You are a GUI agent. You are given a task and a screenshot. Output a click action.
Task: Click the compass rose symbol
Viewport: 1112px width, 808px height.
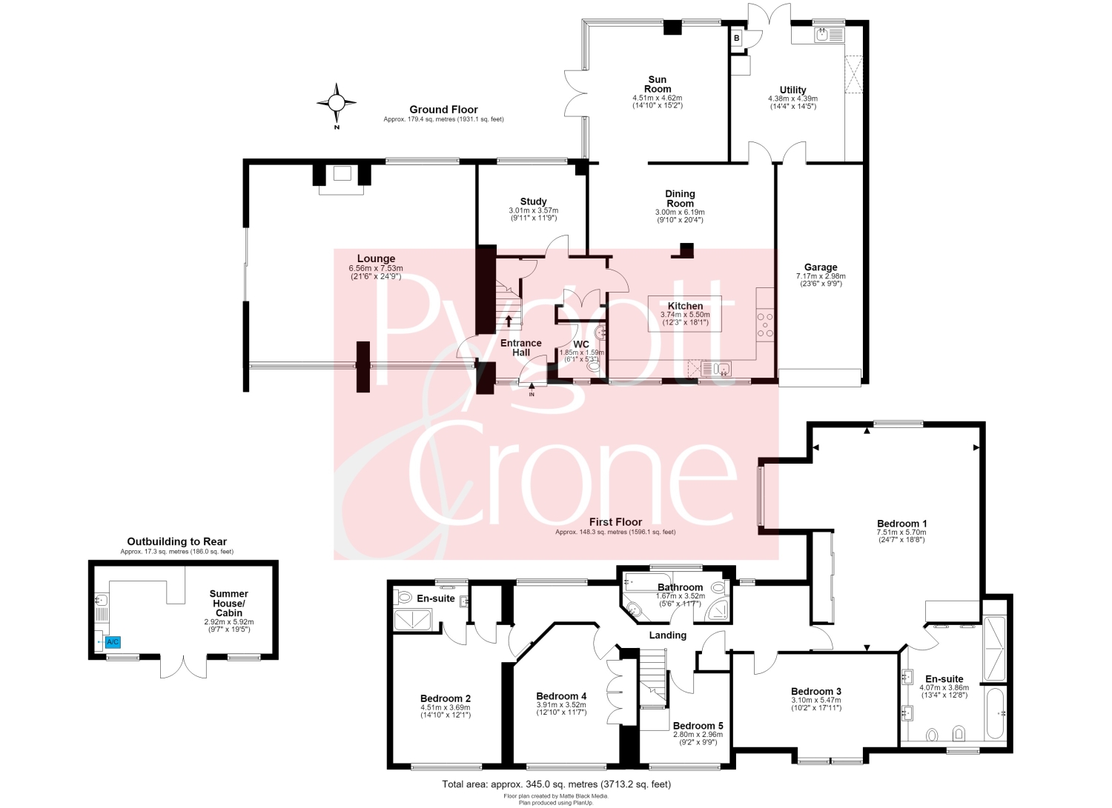(x=337, y=103)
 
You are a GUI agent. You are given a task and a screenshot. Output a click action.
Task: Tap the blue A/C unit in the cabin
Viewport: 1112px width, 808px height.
(x=113, y=642)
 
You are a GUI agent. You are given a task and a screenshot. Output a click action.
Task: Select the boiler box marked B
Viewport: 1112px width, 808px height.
(x=737, y=38)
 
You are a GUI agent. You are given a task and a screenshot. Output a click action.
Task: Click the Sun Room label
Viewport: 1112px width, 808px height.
(x=658, y=84)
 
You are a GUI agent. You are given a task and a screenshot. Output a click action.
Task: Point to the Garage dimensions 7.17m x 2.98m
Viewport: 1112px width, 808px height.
(x=821, y=276)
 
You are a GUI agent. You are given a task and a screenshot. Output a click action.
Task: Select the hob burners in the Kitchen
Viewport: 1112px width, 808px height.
(x=764, y=324)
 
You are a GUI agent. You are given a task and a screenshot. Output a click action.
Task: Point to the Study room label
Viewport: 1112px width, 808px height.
(x=533, y=201)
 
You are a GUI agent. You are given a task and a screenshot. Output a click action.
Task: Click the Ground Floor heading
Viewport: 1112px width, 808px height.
(x=443, y=110)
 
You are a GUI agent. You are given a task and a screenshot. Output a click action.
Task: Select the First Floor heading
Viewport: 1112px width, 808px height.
(x=615, y=522)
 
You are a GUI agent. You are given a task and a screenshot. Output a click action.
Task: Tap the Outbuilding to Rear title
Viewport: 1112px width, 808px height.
(x=176, y=541)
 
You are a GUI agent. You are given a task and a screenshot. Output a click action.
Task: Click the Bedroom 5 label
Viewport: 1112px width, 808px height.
(x=695, y=726)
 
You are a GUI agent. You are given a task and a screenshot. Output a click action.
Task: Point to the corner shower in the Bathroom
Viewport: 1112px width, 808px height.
(x=718, y=610)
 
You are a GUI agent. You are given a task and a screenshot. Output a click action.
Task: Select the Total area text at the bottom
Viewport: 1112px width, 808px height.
(x=557, y=784)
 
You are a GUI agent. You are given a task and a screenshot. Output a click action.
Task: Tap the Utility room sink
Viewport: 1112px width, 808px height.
(x=829, y=35)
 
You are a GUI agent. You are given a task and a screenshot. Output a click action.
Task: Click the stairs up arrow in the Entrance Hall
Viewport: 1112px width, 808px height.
(x=509, y=321)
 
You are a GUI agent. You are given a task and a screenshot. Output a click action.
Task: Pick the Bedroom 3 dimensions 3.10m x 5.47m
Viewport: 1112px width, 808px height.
(x=816, y=701)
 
